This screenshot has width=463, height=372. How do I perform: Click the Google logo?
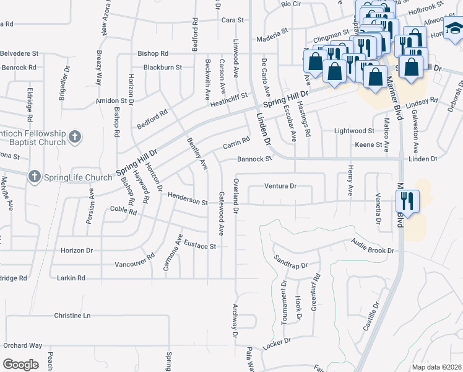coord(20,365)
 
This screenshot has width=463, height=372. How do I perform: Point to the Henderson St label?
coord(187,200)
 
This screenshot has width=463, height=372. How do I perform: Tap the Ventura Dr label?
coord(280,185)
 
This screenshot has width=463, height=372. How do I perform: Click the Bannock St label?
coord(254,159)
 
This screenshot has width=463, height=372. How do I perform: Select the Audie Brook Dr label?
coord(373,246)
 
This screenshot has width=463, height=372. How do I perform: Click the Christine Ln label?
coord(72,316)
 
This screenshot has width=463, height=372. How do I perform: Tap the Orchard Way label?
coord(22,345)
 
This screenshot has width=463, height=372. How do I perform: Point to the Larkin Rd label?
coord(72,278)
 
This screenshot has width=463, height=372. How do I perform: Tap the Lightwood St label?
coord(354,131)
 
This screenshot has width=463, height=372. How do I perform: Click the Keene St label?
coord(369,144)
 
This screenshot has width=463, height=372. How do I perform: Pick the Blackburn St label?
coord(162,67)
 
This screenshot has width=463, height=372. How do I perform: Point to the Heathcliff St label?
coord(228,98)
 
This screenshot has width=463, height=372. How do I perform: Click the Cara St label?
coord(233,20)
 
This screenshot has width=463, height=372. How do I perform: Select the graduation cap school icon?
coord(454,29)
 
